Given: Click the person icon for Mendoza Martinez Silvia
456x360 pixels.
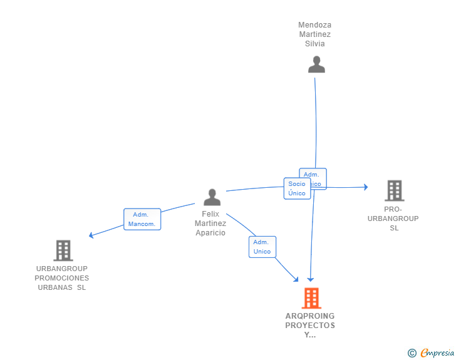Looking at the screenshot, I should tap(316, 64).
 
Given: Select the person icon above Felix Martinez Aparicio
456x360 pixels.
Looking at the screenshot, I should tap(212, 197).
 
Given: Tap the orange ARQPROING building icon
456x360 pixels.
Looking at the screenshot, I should tap(311, 299).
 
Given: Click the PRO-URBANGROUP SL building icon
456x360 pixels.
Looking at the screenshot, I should tap(394, 190).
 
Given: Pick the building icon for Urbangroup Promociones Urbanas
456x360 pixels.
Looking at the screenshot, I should tap(63, 250).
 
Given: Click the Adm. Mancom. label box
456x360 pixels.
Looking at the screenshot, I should tap(142, 219).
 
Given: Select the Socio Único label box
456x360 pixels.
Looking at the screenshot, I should tap(297, 188).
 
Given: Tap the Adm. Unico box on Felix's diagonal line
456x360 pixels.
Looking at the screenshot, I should tap(262, 247).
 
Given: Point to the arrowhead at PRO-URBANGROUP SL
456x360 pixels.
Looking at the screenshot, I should tap(365, 187).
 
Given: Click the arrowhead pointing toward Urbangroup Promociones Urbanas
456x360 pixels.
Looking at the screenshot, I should tap(91, 235).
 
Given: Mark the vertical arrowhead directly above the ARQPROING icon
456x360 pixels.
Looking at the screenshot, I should tap(310, 279).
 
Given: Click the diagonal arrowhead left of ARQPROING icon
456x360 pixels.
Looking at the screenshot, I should tap(296, 279).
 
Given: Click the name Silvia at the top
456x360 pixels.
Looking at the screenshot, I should tap(314, 44).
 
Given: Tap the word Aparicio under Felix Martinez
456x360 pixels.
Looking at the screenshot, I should tap(210, 233).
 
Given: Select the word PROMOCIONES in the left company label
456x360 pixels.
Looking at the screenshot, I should tap(62, 278).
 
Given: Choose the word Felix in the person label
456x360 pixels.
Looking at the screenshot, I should tap(210, 214).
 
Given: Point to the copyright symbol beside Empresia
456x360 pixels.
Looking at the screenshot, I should tap(412, 353).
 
